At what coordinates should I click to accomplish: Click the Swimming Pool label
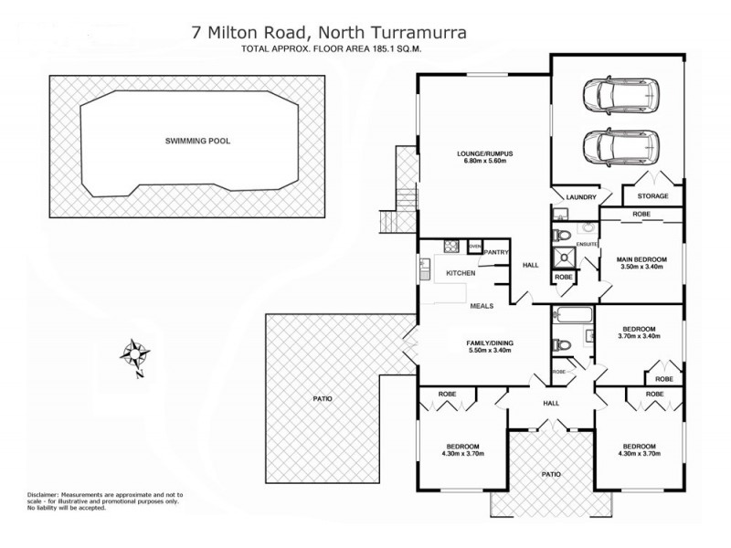pos(197,142)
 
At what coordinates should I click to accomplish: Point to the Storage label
pos(652,196)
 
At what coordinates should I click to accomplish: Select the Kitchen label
pos(459,273)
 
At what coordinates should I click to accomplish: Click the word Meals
pos(482,307)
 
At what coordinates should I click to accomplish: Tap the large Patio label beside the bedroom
pos(322,399)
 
